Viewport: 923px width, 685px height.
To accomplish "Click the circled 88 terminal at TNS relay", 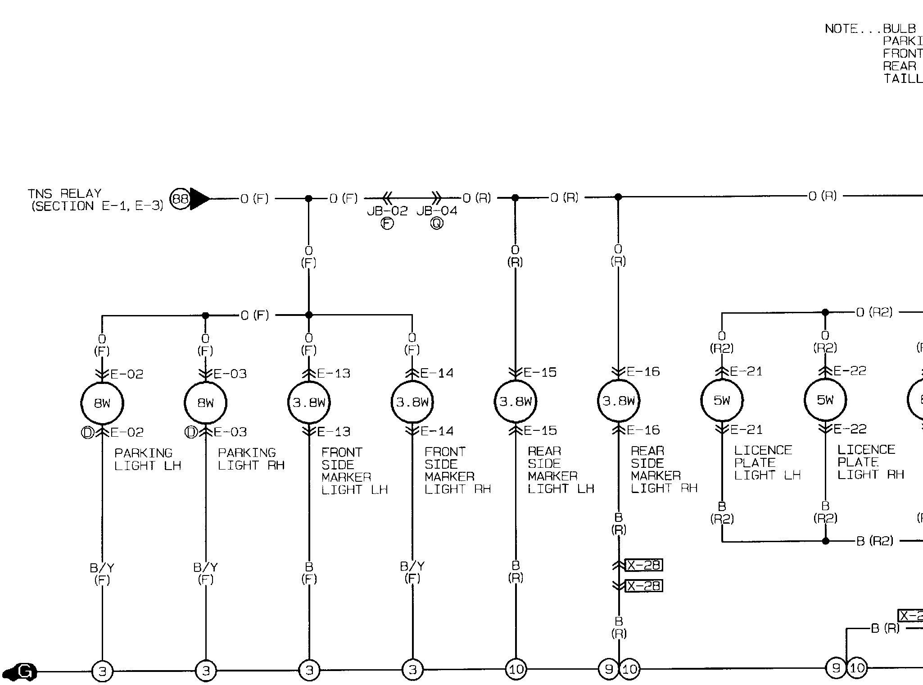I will pos(180,199).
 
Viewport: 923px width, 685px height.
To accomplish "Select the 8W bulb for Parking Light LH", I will pos(102,403).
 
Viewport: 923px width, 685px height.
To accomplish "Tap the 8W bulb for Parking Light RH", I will pos(206,403).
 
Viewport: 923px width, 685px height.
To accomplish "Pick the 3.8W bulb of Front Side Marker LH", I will pos(309,402).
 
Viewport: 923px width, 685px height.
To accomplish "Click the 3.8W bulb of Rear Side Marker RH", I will pos(619,401).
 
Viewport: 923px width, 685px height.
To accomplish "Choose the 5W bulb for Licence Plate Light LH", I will pos(722,400).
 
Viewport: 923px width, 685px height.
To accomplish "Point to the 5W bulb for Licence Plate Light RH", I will pos(825,399).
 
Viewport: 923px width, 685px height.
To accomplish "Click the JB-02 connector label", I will pos(387,211).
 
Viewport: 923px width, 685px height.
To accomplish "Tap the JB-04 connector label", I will pos(437,211).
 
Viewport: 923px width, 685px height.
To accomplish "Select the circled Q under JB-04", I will pos(437,224).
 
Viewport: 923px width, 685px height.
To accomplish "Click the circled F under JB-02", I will pos(387,224).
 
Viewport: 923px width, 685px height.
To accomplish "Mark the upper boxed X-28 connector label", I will pos(644,565).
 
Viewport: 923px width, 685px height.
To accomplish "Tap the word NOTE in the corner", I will pos(841,29).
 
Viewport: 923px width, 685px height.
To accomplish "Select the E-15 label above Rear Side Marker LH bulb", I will pos(540,372).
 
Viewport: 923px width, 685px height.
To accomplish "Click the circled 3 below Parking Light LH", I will pos(102,671).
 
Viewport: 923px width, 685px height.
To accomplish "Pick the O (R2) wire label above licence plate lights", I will pos(874,312).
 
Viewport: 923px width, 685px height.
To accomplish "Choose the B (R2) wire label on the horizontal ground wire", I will pos(874,540).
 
